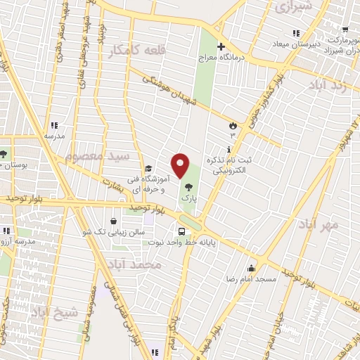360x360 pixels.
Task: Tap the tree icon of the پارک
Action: tap(188, 187)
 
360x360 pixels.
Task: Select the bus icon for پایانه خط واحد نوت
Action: tap(182, 231)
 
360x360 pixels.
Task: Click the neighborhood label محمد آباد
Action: tap(136, 264)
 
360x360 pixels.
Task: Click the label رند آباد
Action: tap(327, 84)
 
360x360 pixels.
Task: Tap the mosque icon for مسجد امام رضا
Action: tap(252, 268)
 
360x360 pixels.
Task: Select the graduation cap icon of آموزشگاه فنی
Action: tap(148, 169)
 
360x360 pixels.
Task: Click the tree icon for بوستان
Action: tap(4, 153)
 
